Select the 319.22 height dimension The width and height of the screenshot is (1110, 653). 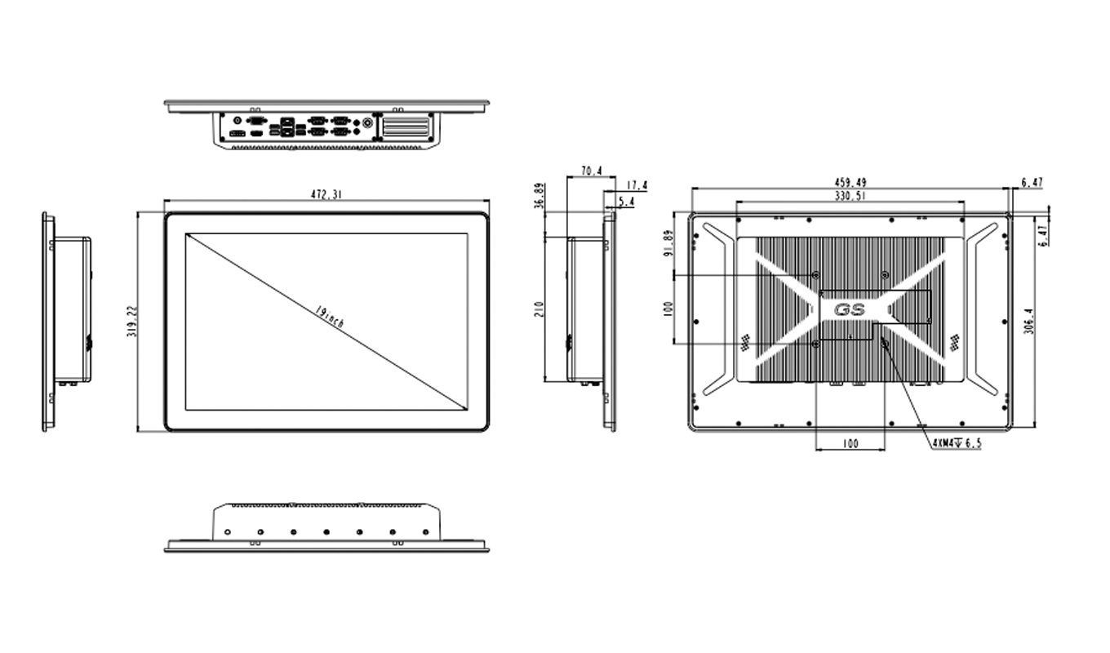click(x=131, y=322)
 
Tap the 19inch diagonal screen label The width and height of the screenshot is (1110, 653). click(x=329, y=318)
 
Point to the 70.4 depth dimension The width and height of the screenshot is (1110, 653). click(x=591, y=171)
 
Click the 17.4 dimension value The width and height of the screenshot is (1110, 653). click(x=637, y=186)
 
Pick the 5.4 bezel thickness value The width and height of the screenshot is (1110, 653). click(x=627, y=201)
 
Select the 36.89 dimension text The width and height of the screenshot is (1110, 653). click(x=538, y=197)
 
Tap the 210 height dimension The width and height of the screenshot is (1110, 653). click(x=539, y=309)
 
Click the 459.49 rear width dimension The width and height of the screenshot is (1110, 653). click(x=850, y=182)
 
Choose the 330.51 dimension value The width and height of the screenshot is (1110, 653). click(x=850, y=197)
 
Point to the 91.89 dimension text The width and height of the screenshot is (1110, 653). click(x=668, y=243)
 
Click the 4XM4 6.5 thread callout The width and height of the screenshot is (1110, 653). click(x=957, y=443)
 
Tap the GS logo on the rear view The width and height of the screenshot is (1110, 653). click(x=850, y=310)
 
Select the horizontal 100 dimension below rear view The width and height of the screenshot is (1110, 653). click(x=850, y=443)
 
